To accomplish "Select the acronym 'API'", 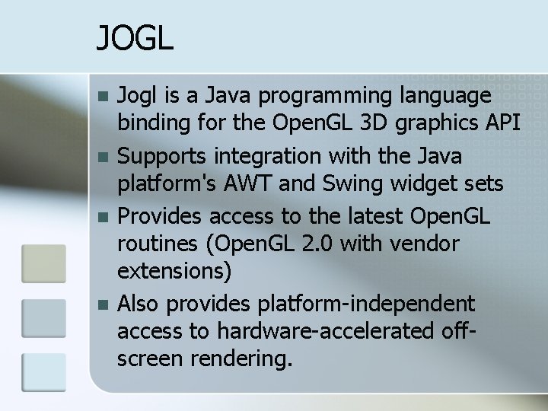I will [502, 124].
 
